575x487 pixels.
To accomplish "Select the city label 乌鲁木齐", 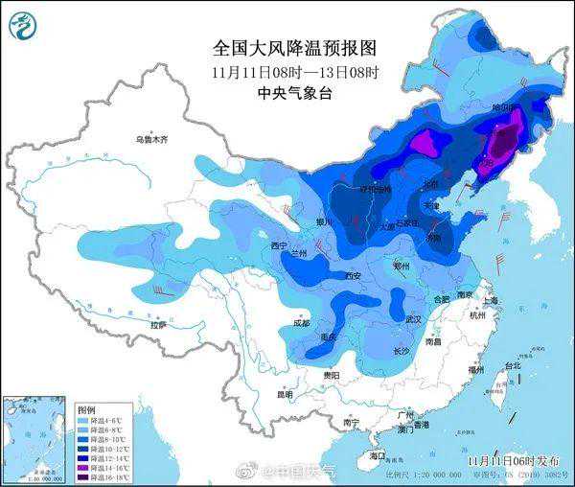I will (x=150, y=140).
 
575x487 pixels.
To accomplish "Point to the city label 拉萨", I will (x=157, y=324).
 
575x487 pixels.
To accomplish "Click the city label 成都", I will (x=302, y=323).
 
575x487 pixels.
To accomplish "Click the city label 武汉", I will (x=414, y=318).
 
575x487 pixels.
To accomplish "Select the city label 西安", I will (x=353, y=276).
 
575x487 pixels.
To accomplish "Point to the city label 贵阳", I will (x=332, y=375).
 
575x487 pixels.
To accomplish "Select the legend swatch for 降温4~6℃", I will (x=83, y=419).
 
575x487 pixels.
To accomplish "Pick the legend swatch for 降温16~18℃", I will (x=83, y=475).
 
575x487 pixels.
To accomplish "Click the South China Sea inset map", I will (x=36, y=435).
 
